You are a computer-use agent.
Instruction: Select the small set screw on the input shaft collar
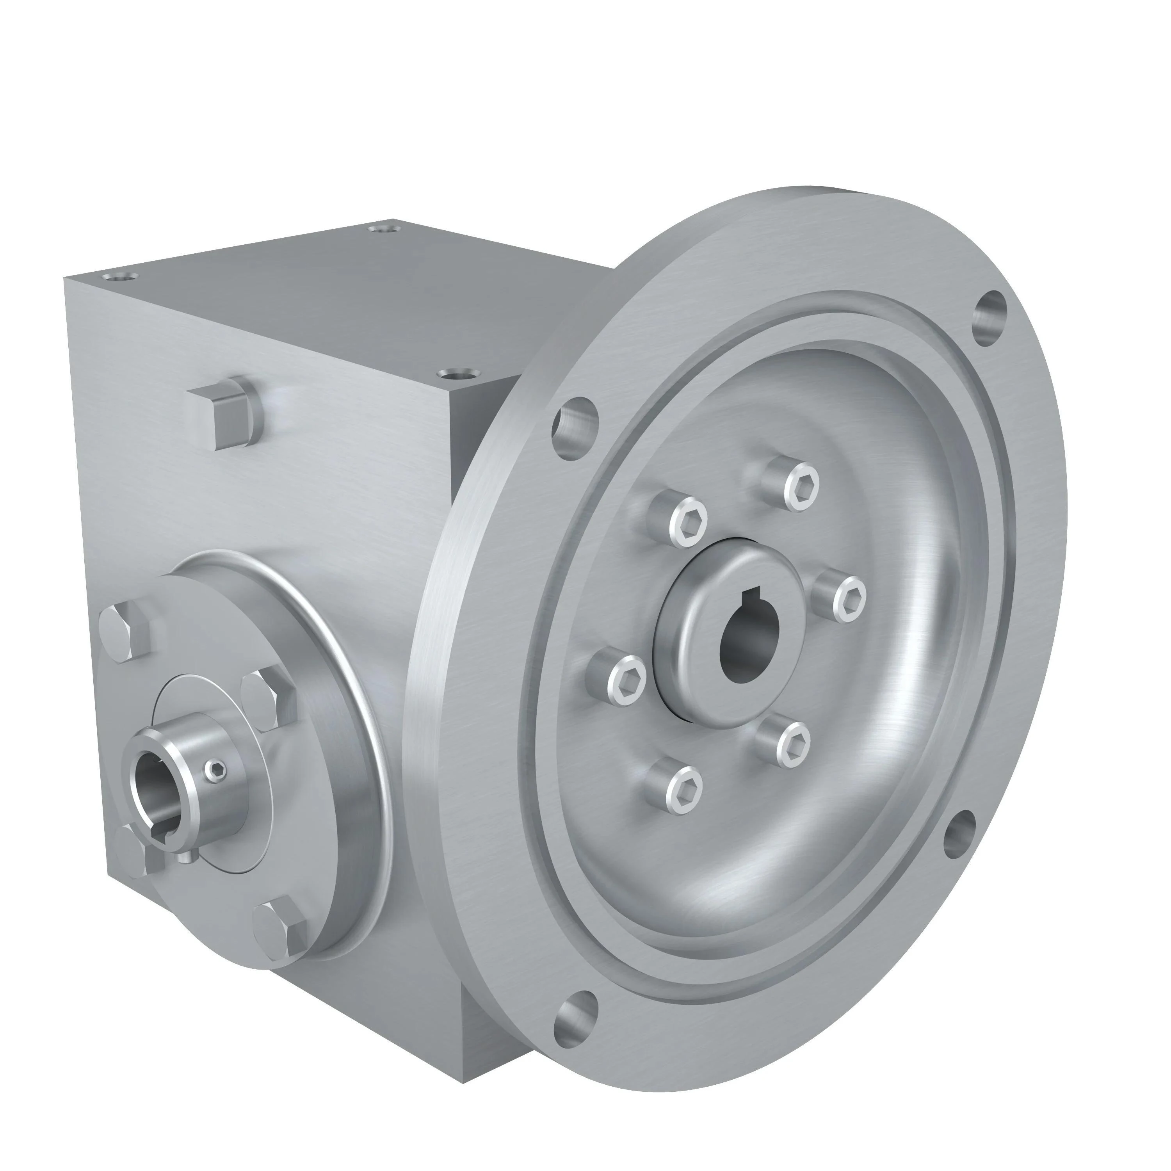coord(216,771)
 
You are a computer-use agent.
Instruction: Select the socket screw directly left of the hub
coord(624,683)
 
